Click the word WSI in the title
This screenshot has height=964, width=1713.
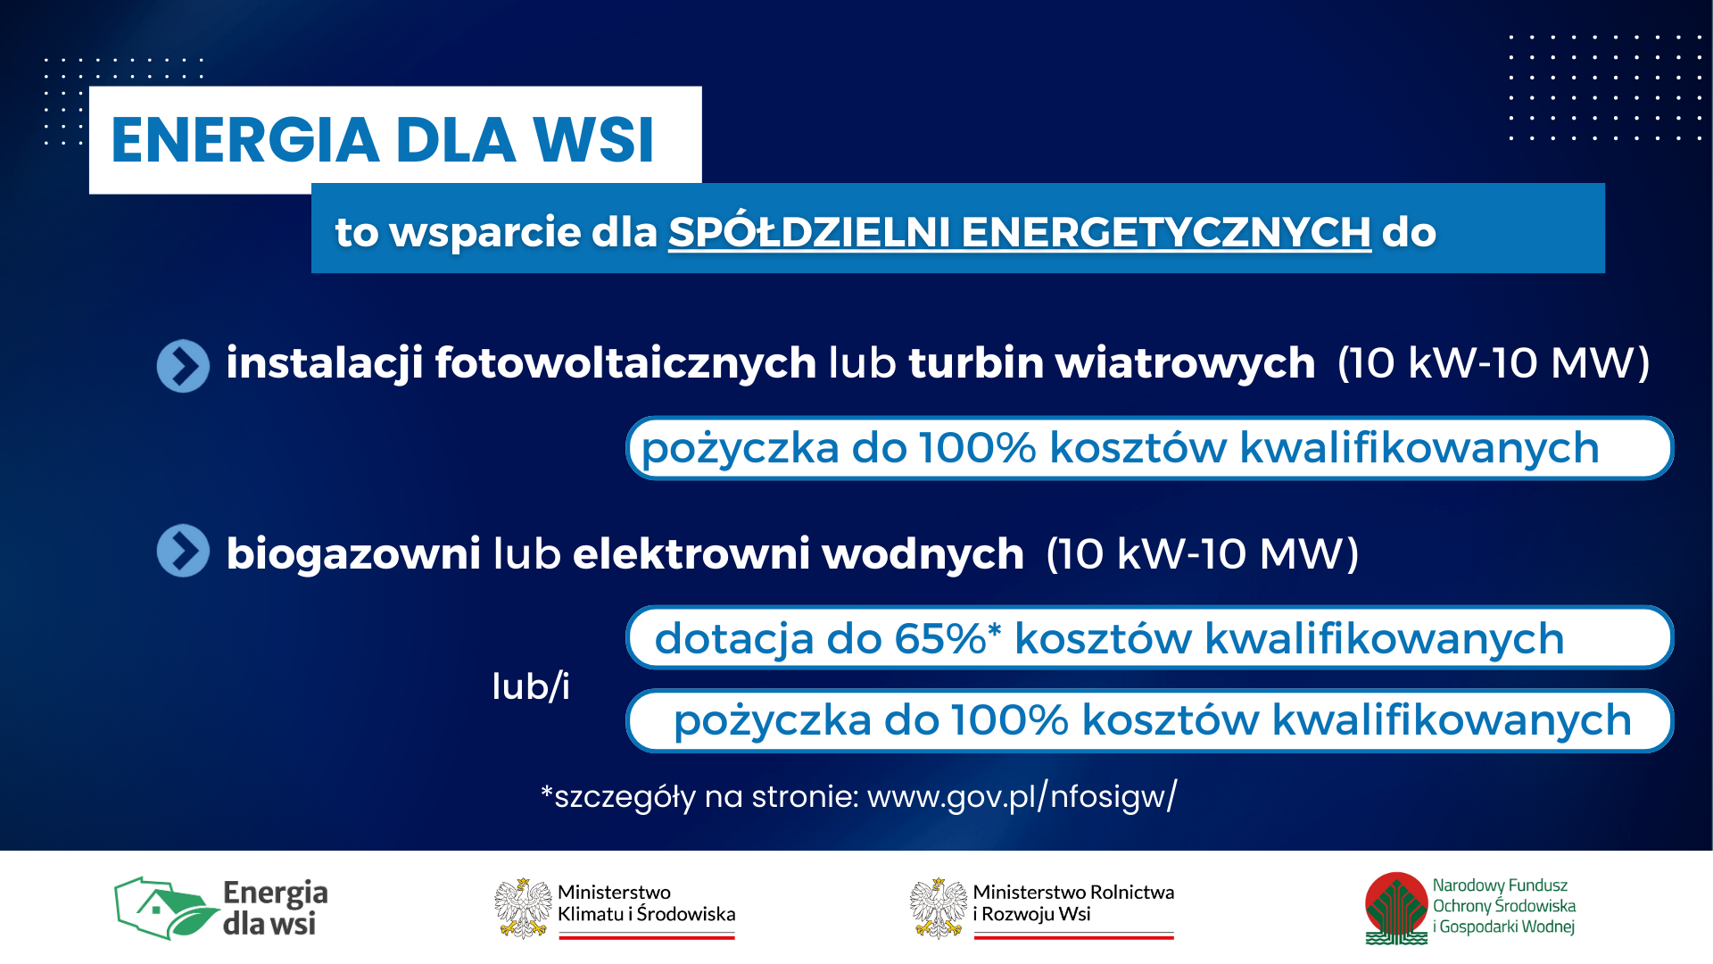click(593, 140)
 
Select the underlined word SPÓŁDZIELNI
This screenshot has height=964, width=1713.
click(809, 231)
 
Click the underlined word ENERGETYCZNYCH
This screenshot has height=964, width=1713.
click(1166, 232)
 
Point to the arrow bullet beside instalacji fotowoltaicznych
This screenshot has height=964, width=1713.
click(183, 365)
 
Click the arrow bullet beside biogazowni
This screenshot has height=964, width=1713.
click(183, 550)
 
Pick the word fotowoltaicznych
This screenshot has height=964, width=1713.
click(625, 362)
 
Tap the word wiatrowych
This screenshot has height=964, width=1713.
click(1186, 362)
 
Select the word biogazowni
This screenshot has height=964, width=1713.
click(353, 553)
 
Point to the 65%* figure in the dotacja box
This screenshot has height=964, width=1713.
click(948, 638)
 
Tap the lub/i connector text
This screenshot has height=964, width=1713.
click(531, 686)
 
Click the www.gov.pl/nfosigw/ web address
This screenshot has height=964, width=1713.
click(1022, 795)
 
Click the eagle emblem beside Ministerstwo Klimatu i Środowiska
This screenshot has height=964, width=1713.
click(524, 909)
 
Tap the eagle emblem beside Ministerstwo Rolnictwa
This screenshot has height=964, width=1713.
click(939, 909)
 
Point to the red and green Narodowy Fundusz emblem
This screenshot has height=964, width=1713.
click(1396, 909)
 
